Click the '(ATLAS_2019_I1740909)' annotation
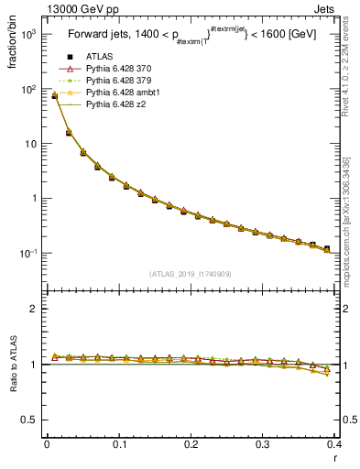click(190, 274)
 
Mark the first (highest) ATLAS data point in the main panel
click(54, 95)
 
